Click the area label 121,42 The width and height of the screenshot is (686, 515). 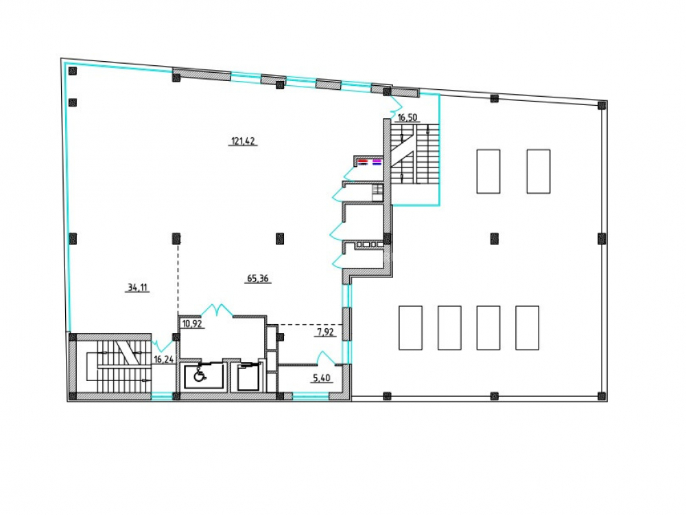(x=243, y=141)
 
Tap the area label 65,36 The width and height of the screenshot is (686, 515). (x=258, y=278)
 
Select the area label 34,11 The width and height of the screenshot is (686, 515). (x=137, y=288)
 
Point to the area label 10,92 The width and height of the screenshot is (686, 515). (x=192, y=324)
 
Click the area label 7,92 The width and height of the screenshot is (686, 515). (x=325, y=332)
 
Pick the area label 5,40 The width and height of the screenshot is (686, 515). (x=322, y=378)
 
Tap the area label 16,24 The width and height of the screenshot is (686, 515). (x=164, y=360)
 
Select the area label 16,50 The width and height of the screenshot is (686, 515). (x=407, y=117)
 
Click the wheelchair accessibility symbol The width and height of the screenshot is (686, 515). (x=200, y=376)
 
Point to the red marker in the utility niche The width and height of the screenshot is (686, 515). (x=363, y=161)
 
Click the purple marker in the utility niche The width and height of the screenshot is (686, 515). (x=377, y=161)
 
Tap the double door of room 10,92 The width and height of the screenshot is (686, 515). (x=217, y=310)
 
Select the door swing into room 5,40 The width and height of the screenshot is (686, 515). (x=324, y=358)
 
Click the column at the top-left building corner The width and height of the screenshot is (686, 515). (x=73, y=71)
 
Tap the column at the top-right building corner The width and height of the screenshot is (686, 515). (x=602, y=105)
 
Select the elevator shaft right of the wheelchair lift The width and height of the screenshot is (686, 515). (x=248, y=376)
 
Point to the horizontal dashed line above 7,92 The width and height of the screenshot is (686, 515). (x=310, y=325)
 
